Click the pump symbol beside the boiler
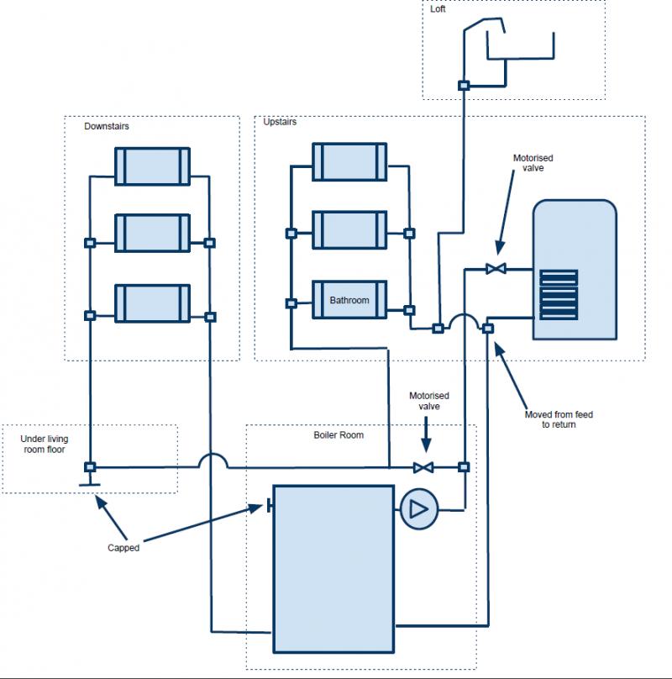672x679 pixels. [415, 508]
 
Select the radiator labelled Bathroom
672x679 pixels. [349, 299]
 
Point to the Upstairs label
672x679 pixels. [280, 122]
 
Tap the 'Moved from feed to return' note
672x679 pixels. [559, 419]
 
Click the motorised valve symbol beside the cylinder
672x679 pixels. [496, 269]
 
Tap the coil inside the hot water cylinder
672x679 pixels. [559, 294]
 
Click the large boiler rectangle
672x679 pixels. [333, 568]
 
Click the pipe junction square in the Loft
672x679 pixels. [463, 85]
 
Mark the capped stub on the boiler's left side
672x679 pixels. [268, 506]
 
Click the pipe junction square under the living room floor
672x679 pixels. [90, 466]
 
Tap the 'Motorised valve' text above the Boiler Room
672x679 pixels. [429, 400]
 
